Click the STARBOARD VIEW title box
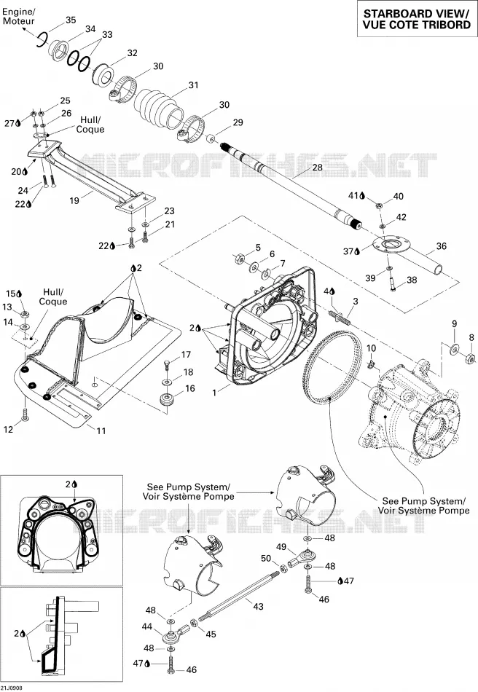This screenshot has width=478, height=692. [417, 19]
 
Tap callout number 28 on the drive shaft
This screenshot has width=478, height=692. [318, 168]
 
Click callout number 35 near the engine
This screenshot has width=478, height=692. [71, 20]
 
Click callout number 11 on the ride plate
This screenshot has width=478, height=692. [101, 430]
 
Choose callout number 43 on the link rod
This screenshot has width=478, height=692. [258, 606]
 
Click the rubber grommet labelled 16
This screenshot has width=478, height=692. [167, 401]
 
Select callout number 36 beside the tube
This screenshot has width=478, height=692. [442, 246]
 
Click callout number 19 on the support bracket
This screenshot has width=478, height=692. [74, 200]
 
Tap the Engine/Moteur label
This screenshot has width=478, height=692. [18, 15]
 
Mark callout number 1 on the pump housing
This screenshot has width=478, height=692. [214, 392]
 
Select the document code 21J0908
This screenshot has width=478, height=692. [12, 688]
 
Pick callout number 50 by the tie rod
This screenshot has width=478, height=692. [266, 558]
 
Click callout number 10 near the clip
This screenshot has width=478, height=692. [372, 348]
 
